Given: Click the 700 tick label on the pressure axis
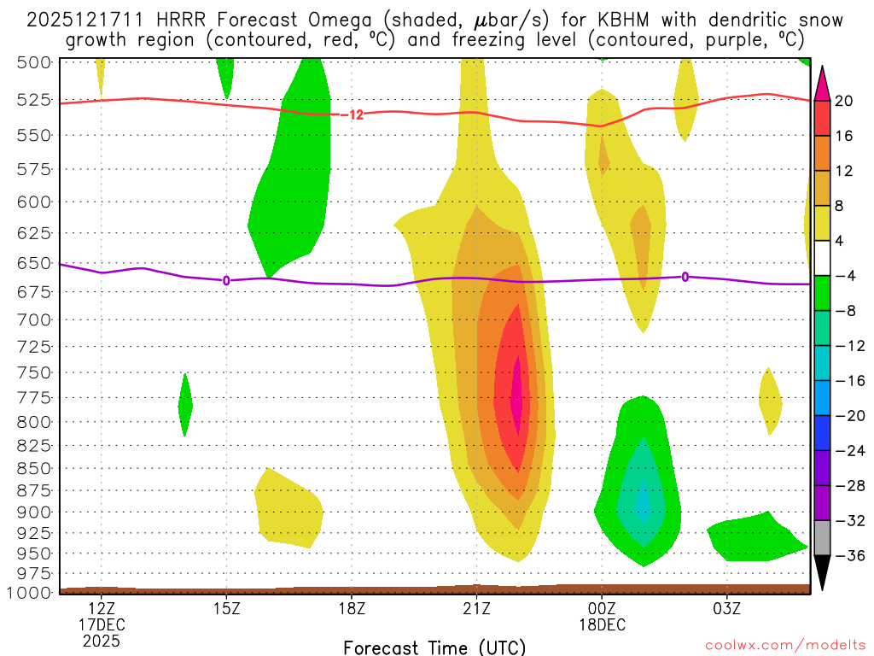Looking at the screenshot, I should tap(35, 319).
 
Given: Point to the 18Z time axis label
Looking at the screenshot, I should tap(352, 609).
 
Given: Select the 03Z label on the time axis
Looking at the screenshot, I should tap(726, 609).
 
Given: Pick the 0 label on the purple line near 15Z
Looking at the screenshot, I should tap(226, 280).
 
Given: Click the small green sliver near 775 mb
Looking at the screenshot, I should tap(184, 405).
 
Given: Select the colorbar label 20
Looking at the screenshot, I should tap(844, 101).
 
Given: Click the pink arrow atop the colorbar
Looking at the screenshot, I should tap(822, 82).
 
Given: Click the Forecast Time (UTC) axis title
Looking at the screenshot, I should tap(434, 647).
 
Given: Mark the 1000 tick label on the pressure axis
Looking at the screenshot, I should tap(31, 593).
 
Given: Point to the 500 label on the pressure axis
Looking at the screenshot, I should tap(35, 61).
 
